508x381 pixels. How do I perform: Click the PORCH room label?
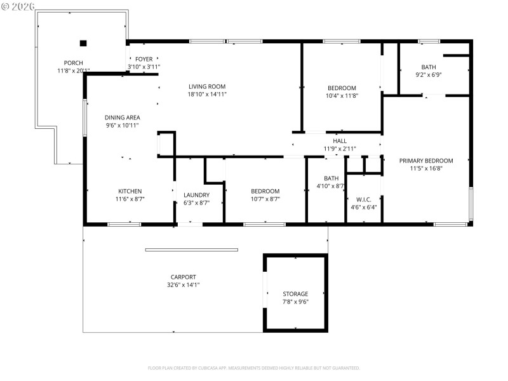73,62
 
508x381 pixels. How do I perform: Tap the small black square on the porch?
83,43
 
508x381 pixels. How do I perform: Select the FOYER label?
144,58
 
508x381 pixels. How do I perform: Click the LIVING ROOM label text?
207,86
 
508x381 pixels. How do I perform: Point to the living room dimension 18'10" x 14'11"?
207,95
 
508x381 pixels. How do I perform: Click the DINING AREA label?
123,117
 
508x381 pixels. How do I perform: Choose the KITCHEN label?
130,191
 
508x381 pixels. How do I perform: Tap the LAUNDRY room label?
196,195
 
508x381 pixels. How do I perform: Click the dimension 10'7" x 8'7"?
265,199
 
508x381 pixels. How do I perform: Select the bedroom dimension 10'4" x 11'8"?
342,96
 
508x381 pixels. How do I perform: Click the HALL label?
340,141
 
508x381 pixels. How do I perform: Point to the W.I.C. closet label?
364,199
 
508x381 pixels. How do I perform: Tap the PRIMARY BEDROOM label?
426,161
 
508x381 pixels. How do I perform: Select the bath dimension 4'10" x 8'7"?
330,186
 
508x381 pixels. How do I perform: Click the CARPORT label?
183,277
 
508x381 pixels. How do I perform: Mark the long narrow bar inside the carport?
191,250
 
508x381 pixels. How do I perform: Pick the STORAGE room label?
295,294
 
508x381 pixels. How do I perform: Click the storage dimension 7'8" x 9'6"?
295,302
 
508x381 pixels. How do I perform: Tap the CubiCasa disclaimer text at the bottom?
254,368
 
